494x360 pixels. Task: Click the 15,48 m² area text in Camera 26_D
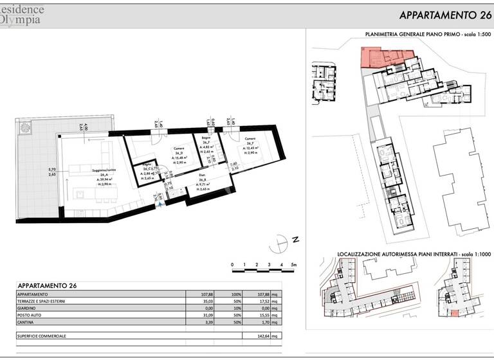pos(178,157)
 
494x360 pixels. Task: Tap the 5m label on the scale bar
pos(293,265)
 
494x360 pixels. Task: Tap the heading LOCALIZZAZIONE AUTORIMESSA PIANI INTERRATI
pos(403,255)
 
